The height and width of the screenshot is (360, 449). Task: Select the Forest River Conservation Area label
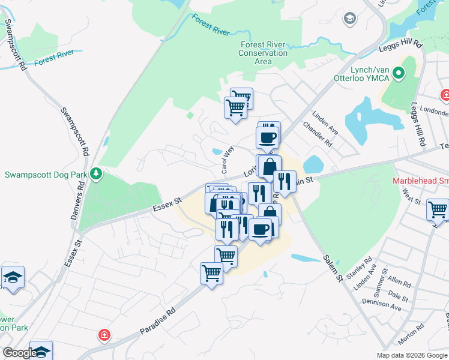click(x=263, y=53)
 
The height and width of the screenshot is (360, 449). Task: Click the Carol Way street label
click(x=227, y=160)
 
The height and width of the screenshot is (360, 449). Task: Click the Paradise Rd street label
click(x=158, y=321)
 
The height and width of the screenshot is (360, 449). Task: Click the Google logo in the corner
click(x=19, y=353)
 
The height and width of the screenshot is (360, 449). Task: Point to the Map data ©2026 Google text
click(x=412, y=355)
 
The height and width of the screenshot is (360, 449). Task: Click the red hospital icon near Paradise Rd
click(x=104, y=334)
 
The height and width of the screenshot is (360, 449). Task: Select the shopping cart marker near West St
click(x=438, y=210)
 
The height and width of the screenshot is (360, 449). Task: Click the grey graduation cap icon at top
click(x=349, y=19)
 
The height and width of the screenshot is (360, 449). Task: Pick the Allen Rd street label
click(x=399, y=282)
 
